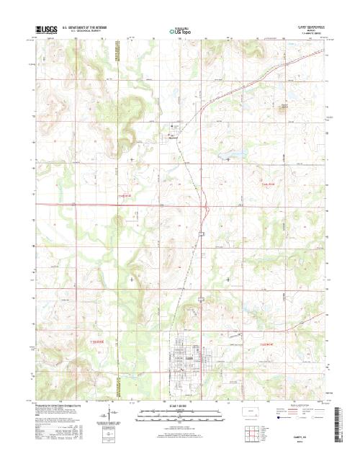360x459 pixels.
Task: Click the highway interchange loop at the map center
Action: pyautogui.click(x=207, y=210)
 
